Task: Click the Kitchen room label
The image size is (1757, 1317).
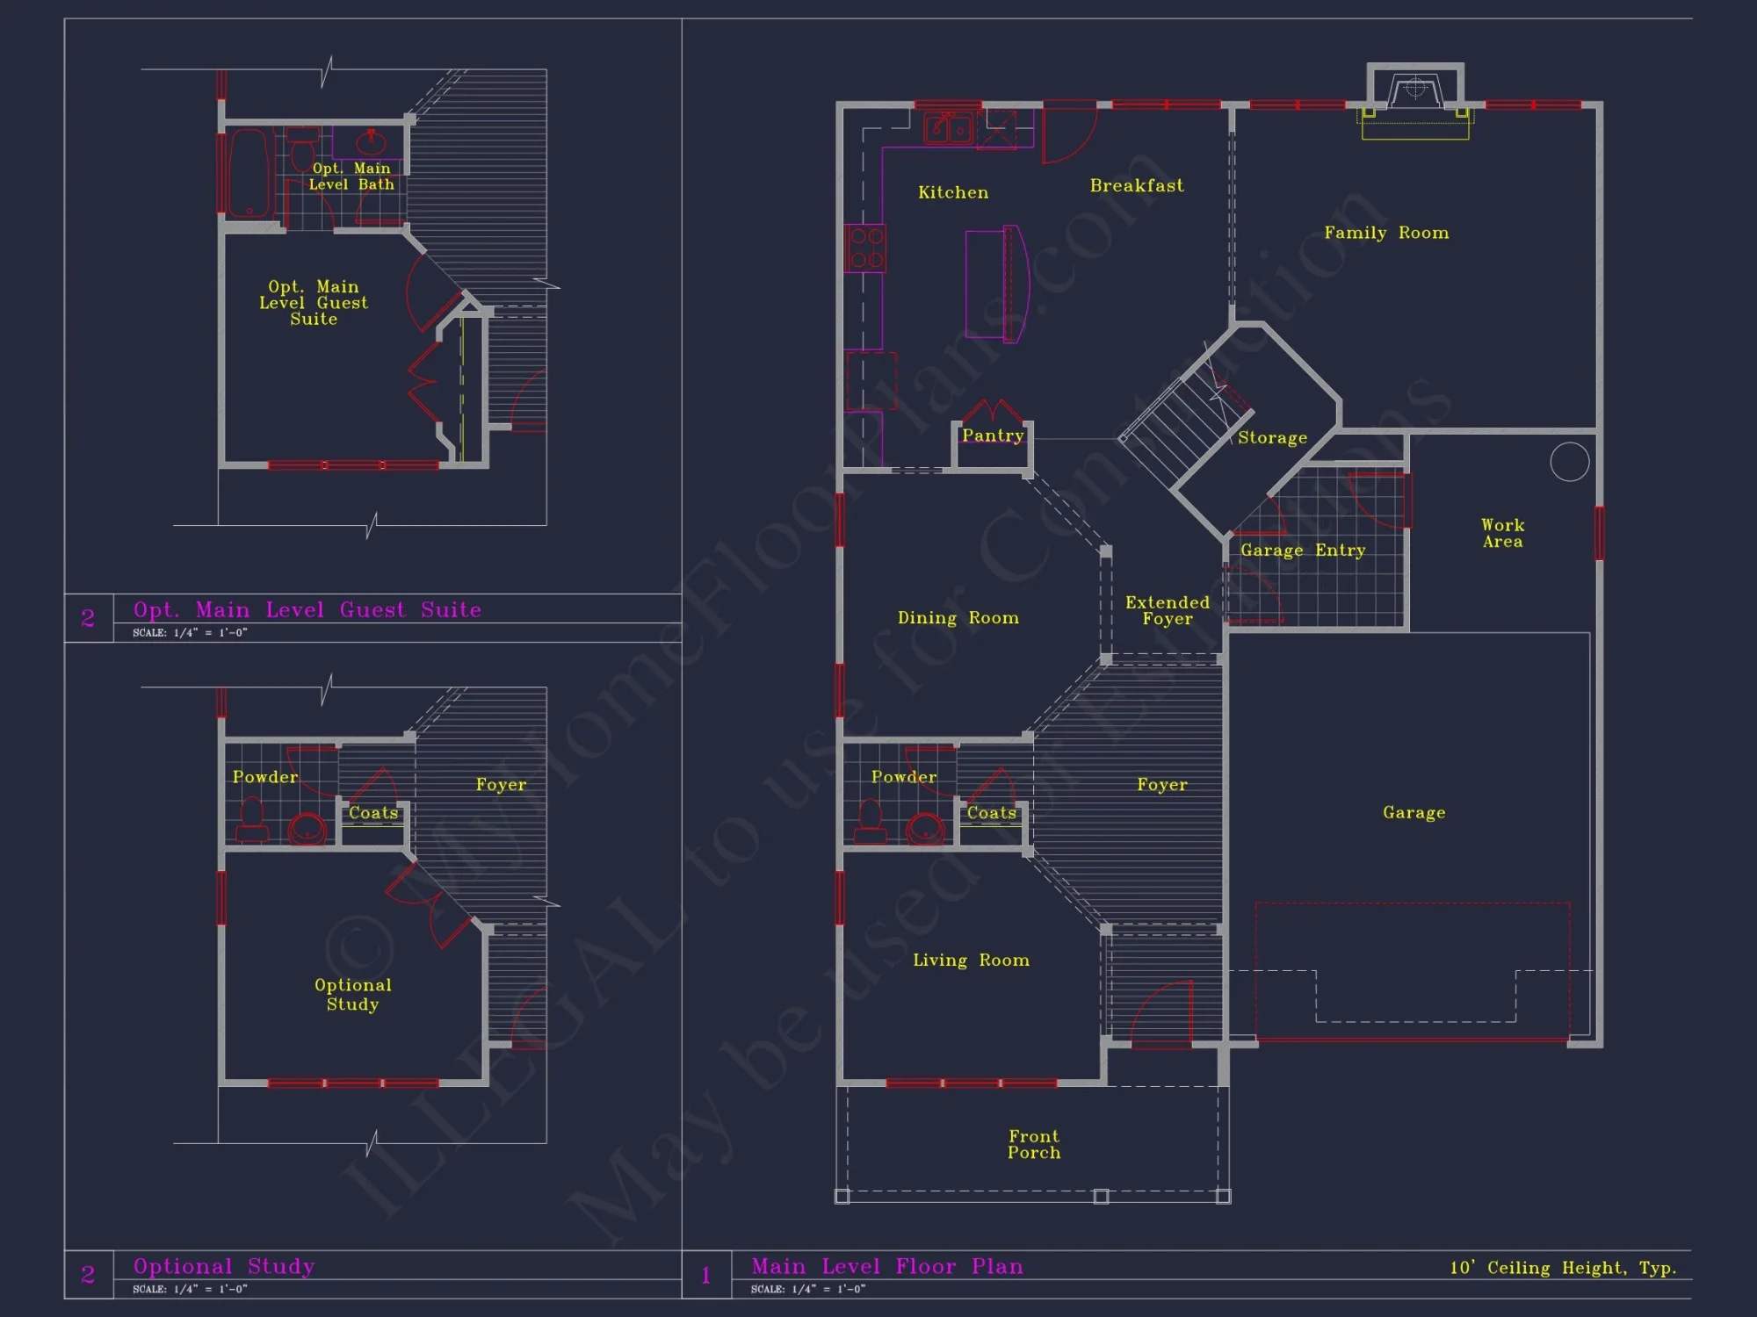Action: pyautogui.click(x=953, y=192)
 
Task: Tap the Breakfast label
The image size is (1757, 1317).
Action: pyautogui.click(x=1137, y=185)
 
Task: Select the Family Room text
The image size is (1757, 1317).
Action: pyautogui.click(x=1386, y=233)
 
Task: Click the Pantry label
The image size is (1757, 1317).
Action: pyautogui.click(x=993, y=435)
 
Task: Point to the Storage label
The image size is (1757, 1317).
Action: pyautogui.click(x=1272, y=437)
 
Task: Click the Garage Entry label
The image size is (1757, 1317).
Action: pyautogui.click(x=1303, y=551)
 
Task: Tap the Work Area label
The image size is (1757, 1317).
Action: pyautogui.click(x=1502, y=533)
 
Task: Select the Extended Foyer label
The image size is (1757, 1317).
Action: pyautogui.click(x=1168, y=610)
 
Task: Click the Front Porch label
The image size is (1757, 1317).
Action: pyautogui.click(x=1034, y=1144)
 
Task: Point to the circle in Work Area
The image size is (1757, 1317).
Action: pyautogui.click(x=1570, y=462)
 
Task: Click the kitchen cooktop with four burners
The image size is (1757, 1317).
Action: pyautogui.click(x=866, y=248)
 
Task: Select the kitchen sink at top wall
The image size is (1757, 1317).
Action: pyautogui.click(x=948, y=129)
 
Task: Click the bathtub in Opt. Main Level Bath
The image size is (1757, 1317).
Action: pyautogui.click(x=249, y=173)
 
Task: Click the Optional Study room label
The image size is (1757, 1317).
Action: pyautogui.click(x=353, y=994)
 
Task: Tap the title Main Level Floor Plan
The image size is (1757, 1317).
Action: pyautogui.click(x=887, y=1266)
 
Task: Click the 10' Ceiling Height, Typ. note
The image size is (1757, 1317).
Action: pyautogui.click(x=1563, y=1267)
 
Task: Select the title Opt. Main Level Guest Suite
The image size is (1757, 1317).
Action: pyautogui.click(x=307, y=609)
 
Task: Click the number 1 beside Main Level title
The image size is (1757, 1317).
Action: pyautogui.click(x=705, y=1275)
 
